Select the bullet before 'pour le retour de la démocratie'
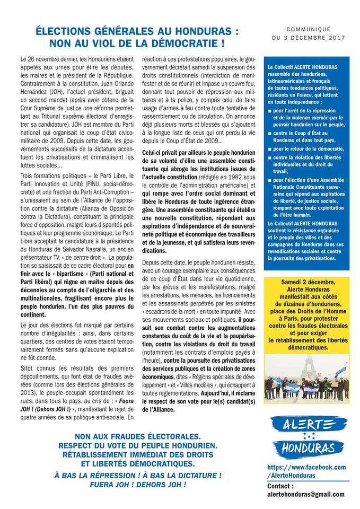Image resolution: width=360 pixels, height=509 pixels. point(270,150)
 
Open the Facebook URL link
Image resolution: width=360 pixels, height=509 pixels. point(306,471)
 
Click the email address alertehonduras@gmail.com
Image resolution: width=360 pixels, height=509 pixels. point(305,494)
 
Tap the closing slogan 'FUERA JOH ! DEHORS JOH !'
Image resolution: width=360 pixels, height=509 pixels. point(137,485)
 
